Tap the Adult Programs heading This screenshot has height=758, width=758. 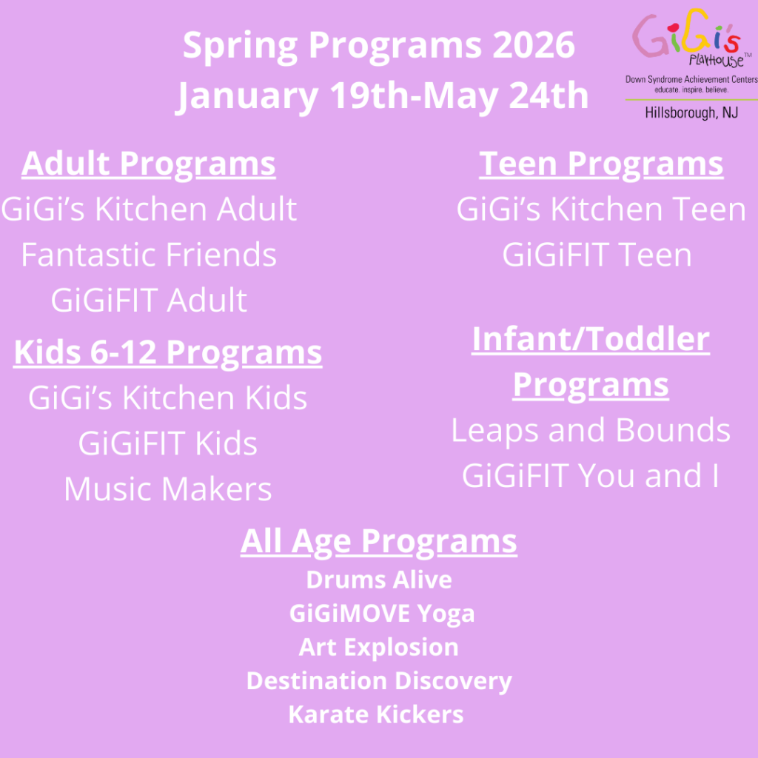point(148,164)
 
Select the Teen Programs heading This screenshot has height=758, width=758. point(601,164)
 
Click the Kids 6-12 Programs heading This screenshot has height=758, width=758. point(168,353)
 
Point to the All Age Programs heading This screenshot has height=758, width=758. point(379,541)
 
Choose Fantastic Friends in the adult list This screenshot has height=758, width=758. point(149,255)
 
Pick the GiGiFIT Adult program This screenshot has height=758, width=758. point(149,301)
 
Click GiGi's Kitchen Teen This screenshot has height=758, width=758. point(601,209)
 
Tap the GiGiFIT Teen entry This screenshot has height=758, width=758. point(597,255)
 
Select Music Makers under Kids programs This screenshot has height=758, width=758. point(168,489)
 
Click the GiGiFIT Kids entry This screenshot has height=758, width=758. point(168,443)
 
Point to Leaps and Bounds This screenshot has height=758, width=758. point(591,431)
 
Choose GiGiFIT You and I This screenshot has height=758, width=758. point(591,476)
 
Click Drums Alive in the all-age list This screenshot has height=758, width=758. point(379,580)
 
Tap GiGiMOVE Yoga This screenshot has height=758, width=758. point(382,614)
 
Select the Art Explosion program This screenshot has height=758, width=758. point(378,648)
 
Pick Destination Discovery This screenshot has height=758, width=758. point(379,682)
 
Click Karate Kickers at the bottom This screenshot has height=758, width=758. point(376,714)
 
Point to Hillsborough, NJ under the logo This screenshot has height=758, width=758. point(691,113)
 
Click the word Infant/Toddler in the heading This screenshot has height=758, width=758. point(591,339)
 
